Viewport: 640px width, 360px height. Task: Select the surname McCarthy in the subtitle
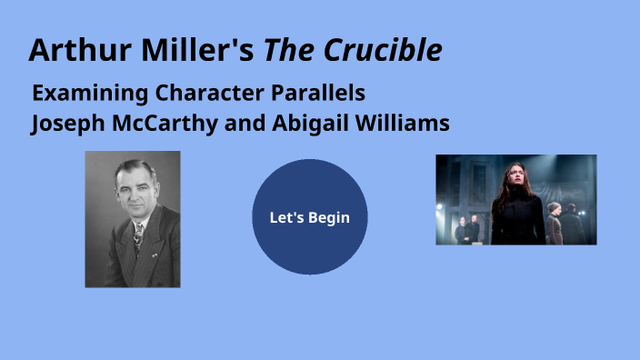161,124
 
